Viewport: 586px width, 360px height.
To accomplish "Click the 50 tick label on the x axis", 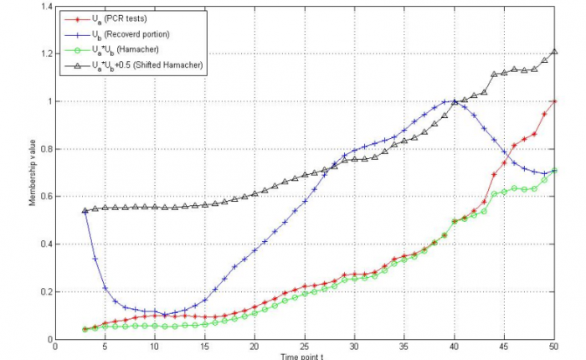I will click(554, 345).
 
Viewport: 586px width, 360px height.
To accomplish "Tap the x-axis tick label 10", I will click(154, 345).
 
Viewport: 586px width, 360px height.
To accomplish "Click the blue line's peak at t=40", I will click(454, 101).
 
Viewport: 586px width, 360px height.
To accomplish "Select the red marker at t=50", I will click(554, 101).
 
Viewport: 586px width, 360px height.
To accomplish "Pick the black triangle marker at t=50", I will click(554, 51).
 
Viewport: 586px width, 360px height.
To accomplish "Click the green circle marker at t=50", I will click(554, 171).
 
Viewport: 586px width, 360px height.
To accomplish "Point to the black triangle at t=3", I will click(85, 211).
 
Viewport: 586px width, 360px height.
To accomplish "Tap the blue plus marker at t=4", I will click(95, 259).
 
